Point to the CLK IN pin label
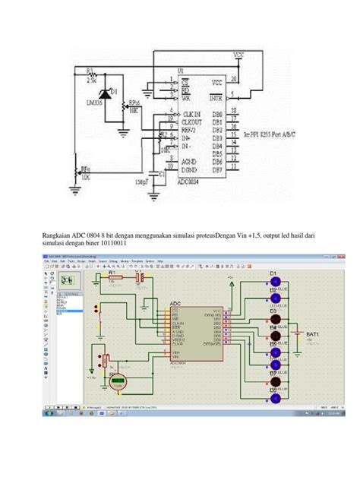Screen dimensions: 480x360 (x=193, y=113)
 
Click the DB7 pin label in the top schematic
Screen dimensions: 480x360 (x=219, y=169)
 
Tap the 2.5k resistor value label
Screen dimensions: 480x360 (x=90, y=75)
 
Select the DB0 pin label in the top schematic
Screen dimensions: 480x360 (x=219, y=112)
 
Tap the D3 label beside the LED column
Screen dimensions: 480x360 (x=273, y=311)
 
